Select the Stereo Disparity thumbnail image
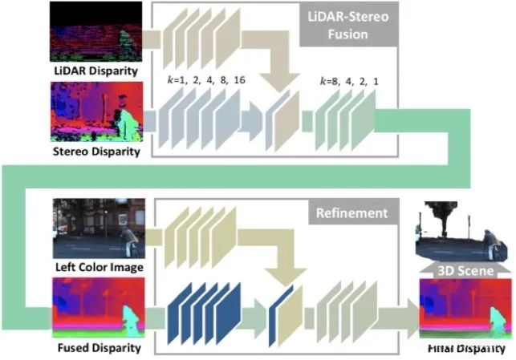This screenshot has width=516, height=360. point(96,112)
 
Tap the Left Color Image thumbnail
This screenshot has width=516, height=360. point(98,229)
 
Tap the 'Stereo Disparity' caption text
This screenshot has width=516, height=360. point(97,150)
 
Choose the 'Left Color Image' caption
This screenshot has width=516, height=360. point(99,266)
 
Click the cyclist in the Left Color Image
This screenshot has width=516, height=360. point(127,238)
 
